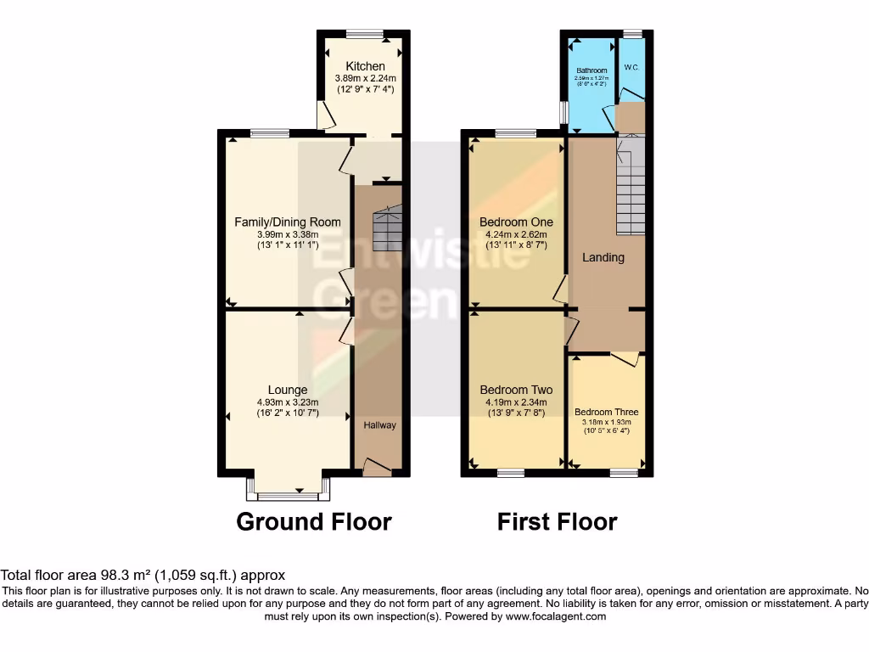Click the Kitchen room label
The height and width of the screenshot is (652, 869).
pos(365,66)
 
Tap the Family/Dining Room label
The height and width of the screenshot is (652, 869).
pos(288,222)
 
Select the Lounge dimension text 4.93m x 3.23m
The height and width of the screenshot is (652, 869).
pos(288,403)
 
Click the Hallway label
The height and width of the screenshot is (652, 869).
pos(379,424)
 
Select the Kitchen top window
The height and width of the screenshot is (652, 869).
pos(364,34)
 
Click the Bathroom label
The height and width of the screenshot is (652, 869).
pos(591,70)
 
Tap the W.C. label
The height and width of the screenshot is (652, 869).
pos(631,67)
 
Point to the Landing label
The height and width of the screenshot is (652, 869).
pos(603,257)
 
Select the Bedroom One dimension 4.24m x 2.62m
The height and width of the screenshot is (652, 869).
pos(517,234)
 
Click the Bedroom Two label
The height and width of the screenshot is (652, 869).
pos(516,391)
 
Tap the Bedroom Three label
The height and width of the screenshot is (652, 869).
pos(606,413)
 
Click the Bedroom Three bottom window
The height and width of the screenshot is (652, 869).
pos(624,473)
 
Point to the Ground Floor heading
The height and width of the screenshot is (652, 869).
pos(313,521)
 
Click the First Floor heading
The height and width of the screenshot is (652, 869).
pos(557,521)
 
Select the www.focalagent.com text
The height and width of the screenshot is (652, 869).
pos(557,616)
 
